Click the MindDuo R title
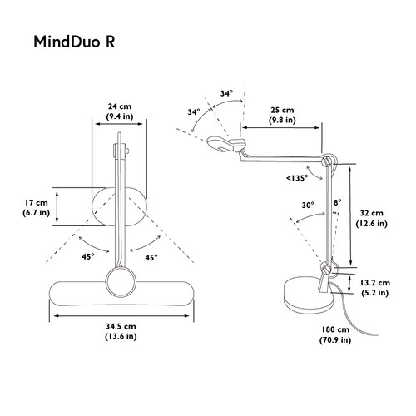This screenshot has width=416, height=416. point(74,42)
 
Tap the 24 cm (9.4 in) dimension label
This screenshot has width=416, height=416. point(120,111)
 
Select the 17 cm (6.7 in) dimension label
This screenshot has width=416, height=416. point(37,208)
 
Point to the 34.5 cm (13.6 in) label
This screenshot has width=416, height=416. point(121,331)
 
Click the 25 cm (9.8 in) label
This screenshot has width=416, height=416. point(282,115)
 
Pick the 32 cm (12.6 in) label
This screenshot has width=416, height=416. point(372,218)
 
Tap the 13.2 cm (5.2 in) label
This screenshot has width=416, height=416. point(375,288)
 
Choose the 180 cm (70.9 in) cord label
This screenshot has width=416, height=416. point(335,334)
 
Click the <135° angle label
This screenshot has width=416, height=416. point(297,178)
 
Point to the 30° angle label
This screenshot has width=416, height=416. point(308,206)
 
